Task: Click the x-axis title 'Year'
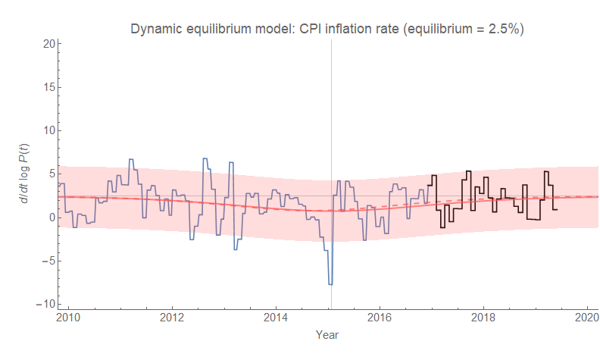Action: click(327, 334)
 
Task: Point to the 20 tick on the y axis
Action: click(45, 44)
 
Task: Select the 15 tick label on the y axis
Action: click(45, 87)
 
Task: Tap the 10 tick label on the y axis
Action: click(45, 130)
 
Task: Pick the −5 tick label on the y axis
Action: click(45, 261)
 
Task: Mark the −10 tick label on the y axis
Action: click(42, 304)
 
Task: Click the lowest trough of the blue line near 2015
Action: click(330, 284)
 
